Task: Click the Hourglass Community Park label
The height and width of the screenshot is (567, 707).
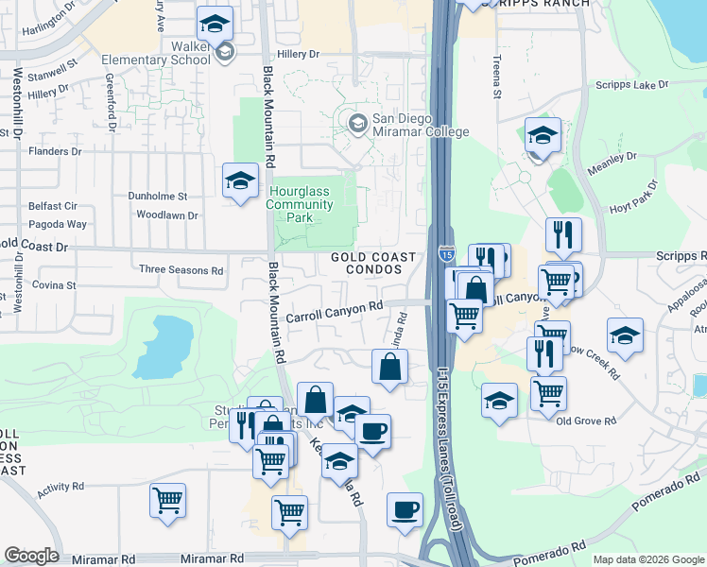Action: coord(300,204)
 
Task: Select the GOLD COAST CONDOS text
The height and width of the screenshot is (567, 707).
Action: coord(373,263)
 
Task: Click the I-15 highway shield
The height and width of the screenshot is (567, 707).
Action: coord(445,252)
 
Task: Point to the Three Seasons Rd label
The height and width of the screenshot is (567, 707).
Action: coord(181,270)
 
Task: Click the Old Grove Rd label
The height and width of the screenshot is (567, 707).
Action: coord(586,421)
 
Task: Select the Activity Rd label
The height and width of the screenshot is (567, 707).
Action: coord(60,492)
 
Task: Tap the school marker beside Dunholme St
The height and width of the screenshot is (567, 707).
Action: coord(241,180)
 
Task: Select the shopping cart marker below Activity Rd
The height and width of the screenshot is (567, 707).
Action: coord(168,500)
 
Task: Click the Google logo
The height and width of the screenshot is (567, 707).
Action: coord(31,556)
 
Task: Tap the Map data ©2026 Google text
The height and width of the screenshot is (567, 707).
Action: coord(648,559)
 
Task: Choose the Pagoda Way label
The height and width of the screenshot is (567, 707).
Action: coord(59,225)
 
